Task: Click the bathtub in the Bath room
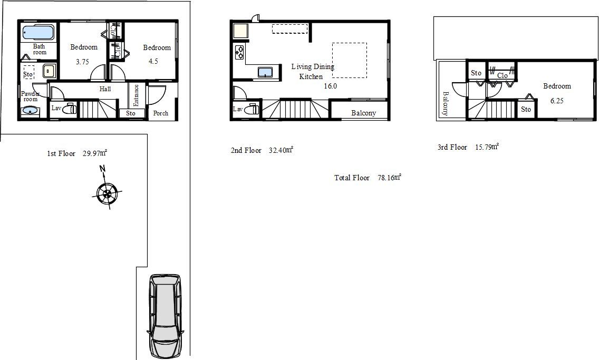click(x=38, y=33)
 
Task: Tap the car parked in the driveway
click(x=166, y=316)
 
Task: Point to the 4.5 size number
click(x=153, y=61)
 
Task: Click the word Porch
click(x=160, y=113)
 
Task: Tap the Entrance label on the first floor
click(x=136, y=95)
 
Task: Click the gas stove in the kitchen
click(x=239, y=52)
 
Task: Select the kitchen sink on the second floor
click(x=265, y=72)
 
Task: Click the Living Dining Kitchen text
click(x=313, y=71)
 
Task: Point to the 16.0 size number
click(x=331, y=86)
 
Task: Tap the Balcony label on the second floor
click(x=364, y=113)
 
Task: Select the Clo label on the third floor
click(x=503, y=75)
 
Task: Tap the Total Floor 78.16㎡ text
click(x=368, y=178)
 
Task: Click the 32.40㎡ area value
click(x=281, y=150)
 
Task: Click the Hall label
click(x=105, y=89)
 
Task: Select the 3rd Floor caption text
click(x=452, y=147)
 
